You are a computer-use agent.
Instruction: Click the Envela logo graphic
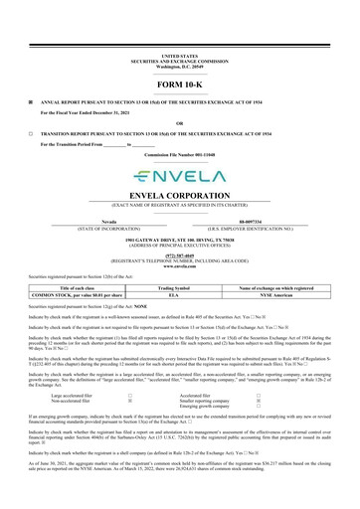(x=179, y=175)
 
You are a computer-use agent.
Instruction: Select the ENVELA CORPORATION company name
(x=179, y=196)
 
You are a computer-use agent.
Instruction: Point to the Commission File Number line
(x=179, y=155)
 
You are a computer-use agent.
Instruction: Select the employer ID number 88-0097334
(x=254, y=222)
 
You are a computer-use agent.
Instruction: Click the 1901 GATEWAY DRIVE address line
(x=179, y=241)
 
